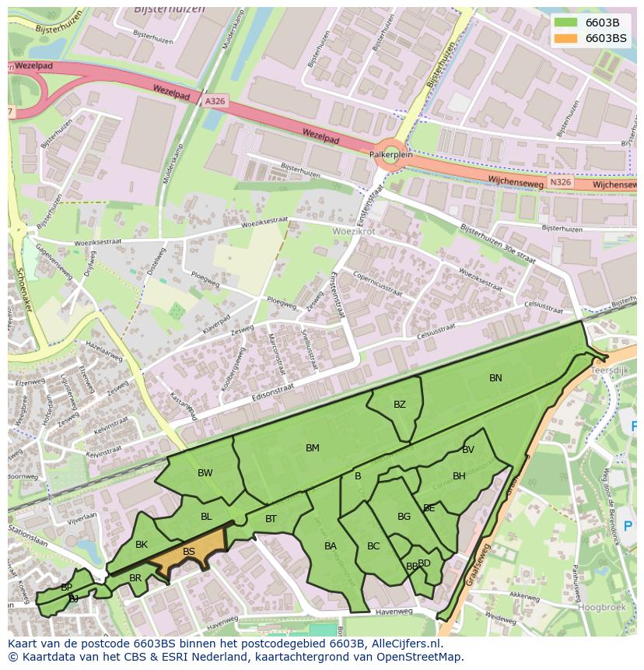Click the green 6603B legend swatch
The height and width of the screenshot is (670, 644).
point(565,23)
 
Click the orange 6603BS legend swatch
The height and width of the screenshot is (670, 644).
point(565,38)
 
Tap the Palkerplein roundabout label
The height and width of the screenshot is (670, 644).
point(390,155)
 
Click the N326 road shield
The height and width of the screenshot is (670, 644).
point(559,183)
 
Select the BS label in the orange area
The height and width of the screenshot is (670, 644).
point(189,552)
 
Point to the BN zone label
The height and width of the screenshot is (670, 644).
point(495,378)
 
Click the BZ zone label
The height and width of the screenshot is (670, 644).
point(400,405)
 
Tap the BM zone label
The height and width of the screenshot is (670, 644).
point(313,448)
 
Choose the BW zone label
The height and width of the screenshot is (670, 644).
point(205,473)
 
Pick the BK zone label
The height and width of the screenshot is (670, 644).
point(142,545)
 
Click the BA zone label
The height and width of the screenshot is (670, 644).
point(331,546)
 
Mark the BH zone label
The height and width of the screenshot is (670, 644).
point(459,476)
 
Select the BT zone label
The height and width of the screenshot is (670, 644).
point(271,519)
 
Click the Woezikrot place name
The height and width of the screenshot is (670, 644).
point(353,232)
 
